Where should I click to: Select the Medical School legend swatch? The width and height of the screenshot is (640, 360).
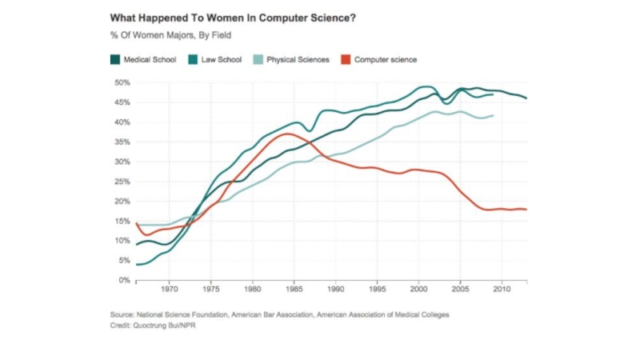[x=115, y=59]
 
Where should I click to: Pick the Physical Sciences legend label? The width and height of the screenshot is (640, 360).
[x=298, y=59]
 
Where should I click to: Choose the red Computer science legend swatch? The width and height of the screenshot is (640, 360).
[x=346, y=59]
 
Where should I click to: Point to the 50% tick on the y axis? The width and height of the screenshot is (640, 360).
[x=122, y=82]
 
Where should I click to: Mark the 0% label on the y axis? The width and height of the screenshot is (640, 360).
[x=124, y=280]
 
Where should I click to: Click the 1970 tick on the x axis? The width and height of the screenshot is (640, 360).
[x=169, y=290]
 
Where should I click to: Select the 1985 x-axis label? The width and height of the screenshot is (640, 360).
[x=294, y=290]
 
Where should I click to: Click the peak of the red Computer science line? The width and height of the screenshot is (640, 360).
[x=286, y=134]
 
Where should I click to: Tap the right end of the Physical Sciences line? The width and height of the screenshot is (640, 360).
[x=493, y=115]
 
